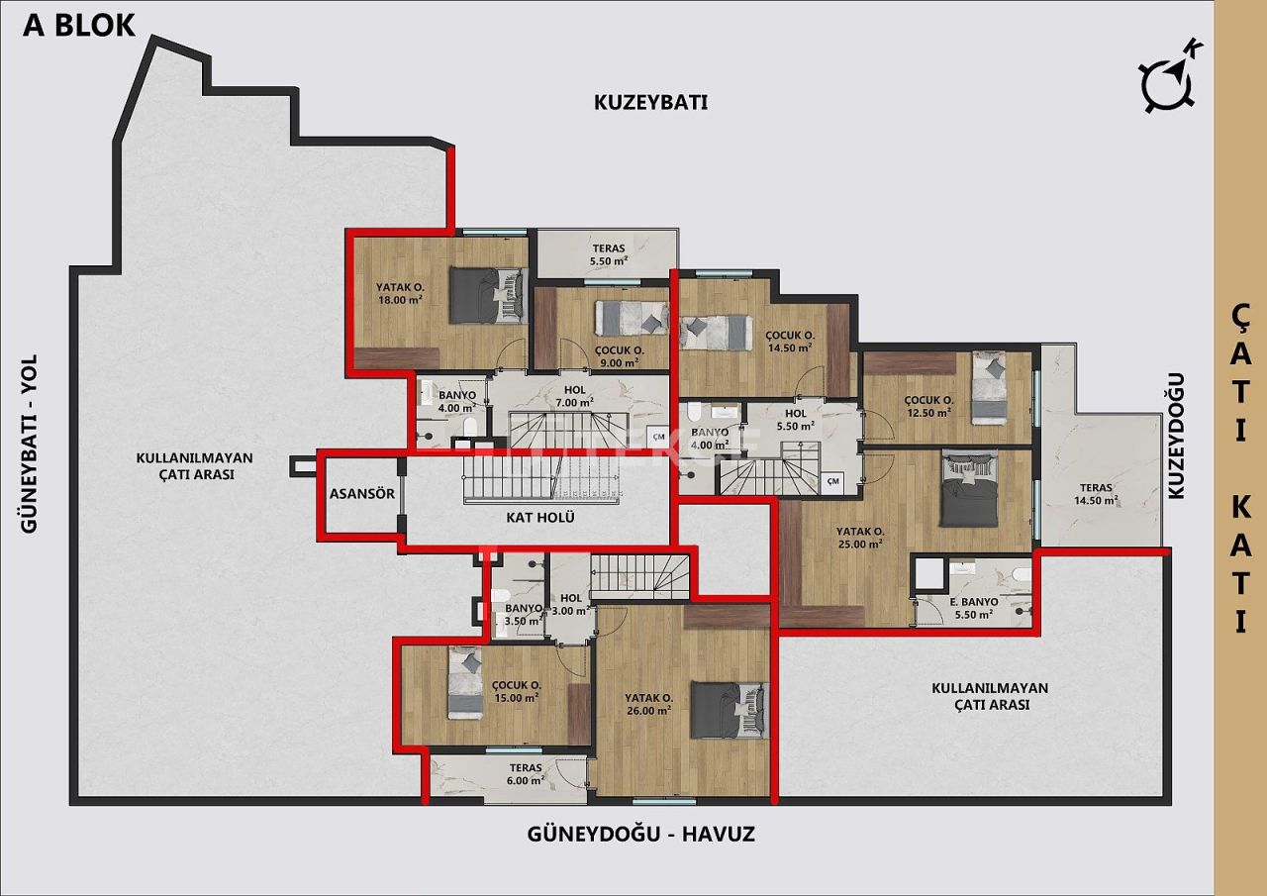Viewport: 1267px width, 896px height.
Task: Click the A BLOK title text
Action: coord(79,25)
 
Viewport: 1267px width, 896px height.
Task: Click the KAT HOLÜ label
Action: coord(539,517)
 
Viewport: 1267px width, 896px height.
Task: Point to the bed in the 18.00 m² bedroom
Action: coord(484,294)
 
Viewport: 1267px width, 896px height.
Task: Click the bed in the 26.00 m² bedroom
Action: coord(729,709)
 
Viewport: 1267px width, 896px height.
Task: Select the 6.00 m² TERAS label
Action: coord(526,773)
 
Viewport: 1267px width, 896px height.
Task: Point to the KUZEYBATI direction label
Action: coord(650,102)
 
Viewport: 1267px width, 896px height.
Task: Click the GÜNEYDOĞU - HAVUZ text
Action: coord(640,835)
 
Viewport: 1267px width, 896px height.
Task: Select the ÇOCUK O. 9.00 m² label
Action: coord(620,355)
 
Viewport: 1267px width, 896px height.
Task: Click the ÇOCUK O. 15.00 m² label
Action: coord(516,690)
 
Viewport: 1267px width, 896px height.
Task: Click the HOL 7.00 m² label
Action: coord(574,396)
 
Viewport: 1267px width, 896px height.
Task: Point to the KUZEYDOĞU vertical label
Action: coord(1176,443)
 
